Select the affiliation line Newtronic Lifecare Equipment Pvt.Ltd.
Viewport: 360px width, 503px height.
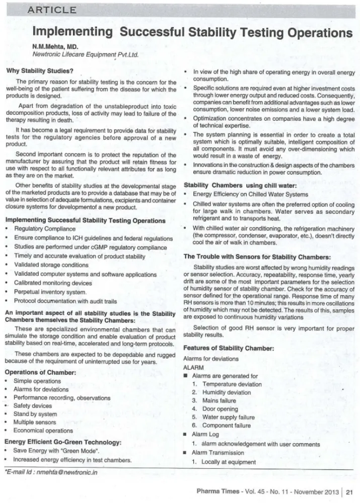(x=85, y=54)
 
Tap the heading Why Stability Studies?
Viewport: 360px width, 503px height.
(x=40, y=71)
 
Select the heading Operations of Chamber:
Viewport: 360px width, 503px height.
(x=40, y=372)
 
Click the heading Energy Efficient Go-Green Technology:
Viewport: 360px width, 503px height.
(x=62, y=442)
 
